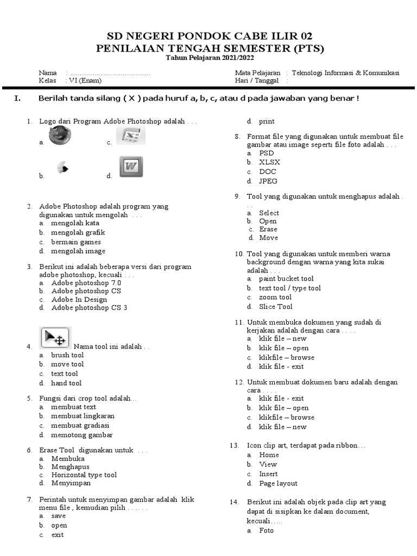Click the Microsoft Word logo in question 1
coord(131,167)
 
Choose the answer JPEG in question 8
coord(268,181)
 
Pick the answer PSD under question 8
coord(267,153)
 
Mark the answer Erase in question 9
coord(268,229)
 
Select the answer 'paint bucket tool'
coord(286,279)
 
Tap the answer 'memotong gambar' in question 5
coord(82,435)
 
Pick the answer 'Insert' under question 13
coord(268,474)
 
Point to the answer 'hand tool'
coord(66,383)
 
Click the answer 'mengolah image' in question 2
coord(78,251)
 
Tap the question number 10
coord(239,254)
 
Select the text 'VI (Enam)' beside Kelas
coord(84,80)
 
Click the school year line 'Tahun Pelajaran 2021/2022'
coord(210,58)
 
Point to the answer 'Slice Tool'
coord(276,307)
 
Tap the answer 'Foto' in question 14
coord(267,530)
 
